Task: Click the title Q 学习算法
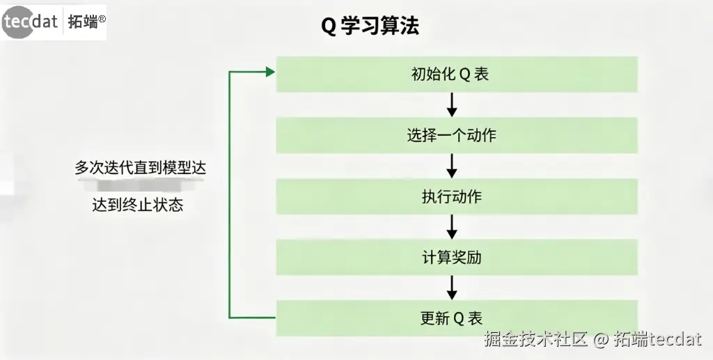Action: (x=370, y=26)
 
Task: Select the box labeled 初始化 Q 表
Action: (x=457, y=74)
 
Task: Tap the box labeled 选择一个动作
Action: (x=457, y=135)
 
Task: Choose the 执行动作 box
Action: (x=457, y=196)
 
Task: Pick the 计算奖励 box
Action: (x=457, y=258)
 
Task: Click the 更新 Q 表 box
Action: (x=457, y=318)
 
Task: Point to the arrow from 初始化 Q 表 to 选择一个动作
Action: (x=451, y=104)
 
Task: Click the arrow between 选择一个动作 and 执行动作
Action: (x=451, y=166)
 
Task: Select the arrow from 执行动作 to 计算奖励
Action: (x=451, y=227)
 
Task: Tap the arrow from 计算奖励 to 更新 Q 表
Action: (x=451, y=288)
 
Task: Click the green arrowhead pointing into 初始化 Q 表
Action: (x=269, y=71)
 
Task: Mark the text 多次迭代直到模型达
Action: (x=141, y=169)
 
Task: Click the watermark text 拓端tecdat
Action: (x=657, y=340)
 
